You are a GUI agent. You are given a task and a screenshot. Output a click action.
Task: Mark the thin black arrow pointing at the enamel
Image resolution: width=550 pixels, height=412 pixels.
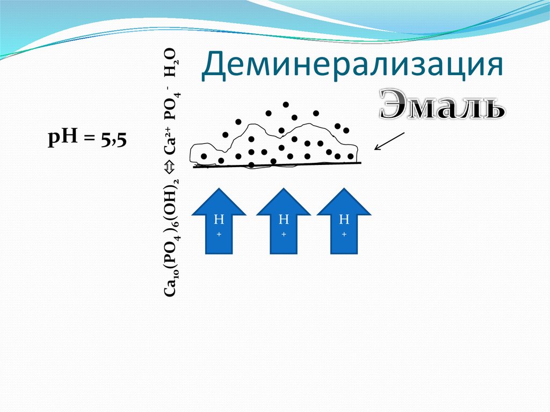(x=389, y=141)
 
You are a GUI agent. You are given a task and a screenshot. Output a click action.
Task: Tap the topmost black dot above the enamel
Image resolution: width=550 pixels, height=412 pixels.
(x=286, y=104)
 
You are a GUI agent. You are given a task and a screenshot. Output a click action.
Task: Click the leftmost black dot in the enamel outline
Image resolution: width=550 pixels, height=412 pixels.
(x=204, y=156)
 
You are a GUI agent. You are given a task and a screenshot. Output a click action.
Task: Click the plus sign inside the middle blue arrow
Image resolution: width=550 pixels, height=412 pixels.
(x=284, y=234)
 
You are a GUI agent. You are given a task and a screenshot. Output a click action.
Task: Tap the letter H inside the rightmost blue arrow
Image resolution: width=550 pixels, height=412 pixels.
(x=344, y=220)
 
